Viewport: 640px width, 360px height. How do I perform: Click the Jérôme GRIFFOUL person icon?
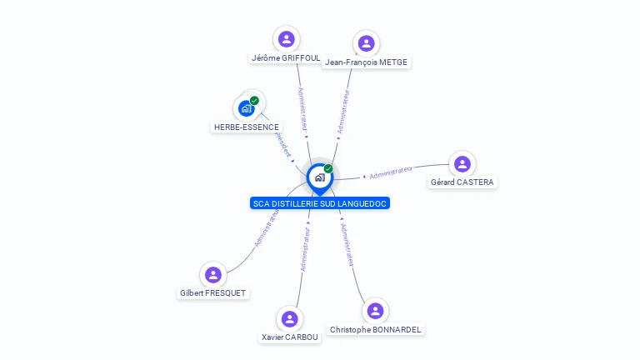(287, 39)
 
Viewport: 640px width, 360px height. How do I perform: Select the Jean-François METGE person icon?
(366, 43)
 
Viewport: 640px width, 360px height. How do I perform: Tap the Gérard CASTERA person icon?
(462, 164)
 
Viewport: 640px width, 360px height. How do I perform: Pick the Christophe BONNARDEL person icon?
(376, 311)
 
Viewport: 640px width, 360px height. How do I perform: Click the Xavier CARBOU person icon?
(289, 319)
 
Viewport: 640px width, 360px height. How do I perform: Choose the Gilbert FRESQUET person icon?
(213, 275)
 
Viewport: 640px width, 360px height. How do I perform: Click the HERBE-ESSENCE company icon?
(246, 108)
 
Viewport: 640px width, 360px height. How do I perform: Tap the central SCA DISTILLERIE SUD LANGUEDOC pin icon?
(319, 177)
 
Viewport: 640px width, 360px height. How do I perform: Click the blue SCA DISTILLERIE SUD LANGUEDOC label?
(320, 203)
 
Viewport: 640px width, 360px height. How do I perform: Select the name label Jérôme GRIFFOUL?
(286, 58)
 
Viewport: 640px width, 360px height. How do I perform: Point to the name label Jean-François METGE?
(367, 62)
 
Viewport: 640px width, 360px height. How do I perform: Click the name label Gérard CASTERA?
(462, 182)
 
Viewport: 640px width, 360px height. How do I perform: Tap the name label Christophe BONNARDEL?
(376, 330)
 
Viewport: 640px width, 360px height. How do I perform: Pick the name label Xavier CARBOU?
(289, 337)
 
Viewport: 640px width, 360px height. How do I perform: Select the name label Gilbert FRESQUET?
(213, 293)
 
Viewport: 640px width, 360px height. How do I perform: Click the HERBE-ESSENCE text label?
(247, 127)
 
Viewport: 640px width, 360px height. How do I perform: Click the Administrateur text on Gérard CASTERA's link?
(392, 172)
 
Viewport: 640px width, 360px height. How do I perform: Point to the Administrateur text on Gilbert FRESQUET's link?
(266, 228)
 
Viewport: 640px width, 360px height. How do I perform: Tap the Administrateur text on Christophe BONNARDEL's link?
(348, 244)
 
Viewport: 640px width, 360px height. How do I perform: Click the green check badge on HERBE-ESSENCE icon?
(254, 101)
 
